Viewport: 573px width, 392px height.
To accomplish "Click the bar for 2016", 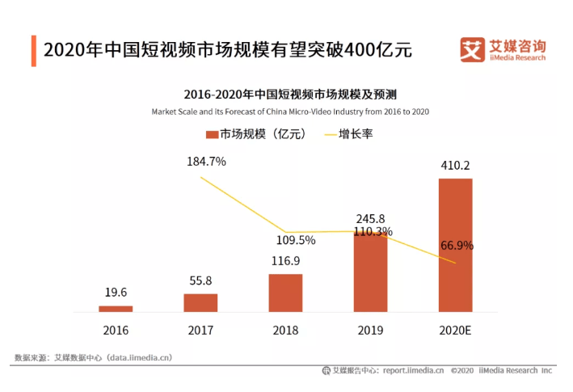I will (x=116, y=309).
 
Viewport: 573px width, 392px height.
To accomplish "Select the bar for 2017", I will (x=200, y=303).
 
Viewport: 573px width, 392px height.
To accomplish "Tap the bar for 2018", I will (x=285, y=293).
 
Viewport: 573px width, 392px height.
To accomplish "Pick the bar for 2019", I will (x=370, y=272).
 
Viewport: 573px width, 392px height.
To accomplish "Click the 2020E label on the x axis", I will (x=455, y=331).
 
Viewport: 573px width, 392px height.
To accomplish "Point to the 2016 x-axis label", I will (x=116, y=331).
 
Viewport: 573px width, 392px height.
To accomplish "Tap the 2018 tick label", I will (x=285, y=331).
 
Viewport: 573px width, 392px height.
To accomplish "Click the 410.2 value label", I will (x=455, y=166).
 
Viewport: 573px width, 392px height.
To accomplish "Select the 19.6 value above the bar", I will (x=116, y=293).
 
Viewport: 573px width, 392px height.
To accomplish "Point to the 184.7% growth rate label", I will (x=206, y=161).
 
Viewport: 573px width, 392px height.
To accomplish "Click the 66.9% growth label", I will (x=457, y=246).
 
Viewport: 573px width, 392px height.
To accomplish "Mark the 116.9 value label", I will (x=285, y=262).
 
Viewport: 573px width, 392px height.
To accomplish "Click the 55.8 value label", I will (x=200, y=280).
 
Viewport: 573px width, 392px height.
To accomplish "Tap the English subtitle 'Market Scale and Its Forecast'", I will (x=289, y=112).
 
